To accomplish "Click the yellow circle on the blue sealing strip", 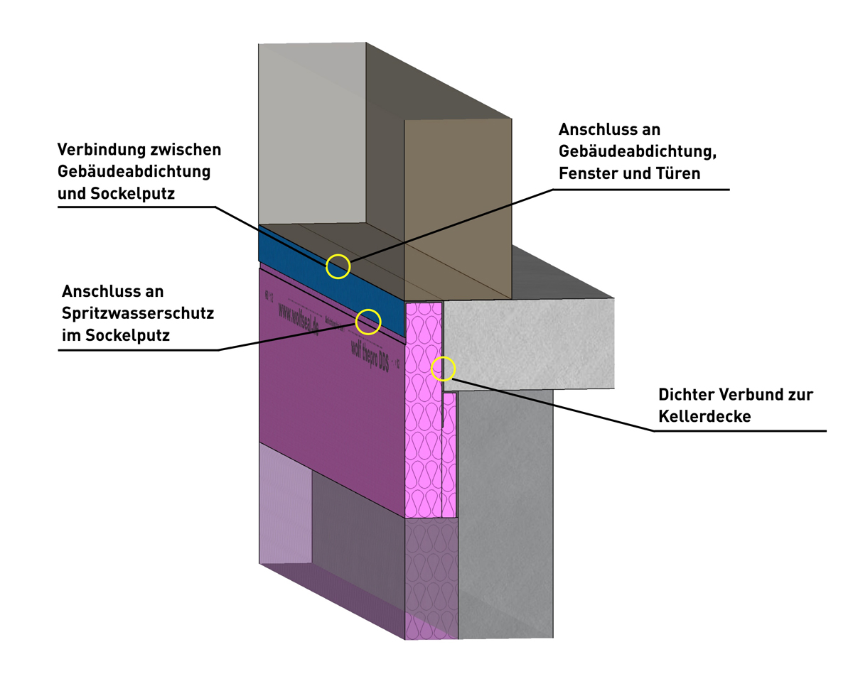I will (338, 266).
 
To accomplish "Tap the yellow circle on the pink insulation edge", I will (443, 369).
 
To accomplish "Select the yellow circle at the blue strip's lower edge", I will (368, 322).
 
